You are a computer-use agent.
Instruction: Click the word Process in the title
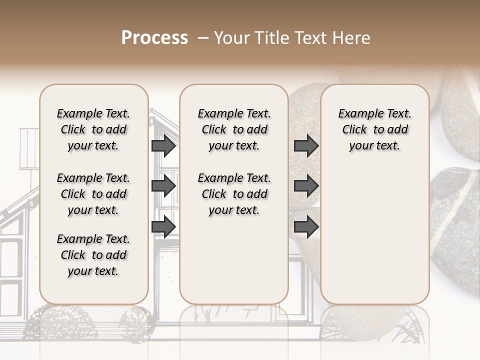pyautogui.click(x=154, y=38)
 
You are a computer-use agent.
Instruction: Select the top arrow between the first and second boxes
pyautogui.click(x=163, y=146)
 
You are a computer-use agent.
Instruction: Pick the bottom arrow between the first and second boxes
pyautogui.click(x=163, y=226)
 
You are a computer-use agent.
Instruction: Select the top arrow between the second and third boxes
pyautogui.click(x=306, y=146)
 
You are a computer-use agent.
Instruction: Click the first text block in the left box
pyautogui.click(x=93, y=129)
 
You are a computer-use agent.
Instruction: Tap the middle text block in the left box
pyautogui.click(x=93, y=194)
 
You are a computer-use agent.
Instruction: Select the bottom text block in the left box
pyautogui.click(x=93, y=255)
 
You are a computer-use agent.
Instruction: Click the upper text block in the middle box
pyautogui.click(x=234, y=129)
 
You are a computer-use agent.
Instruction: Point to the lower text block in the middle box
pyautogui.click(x=234, y=194)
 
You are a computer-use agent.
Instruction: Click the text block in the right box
pyautogui.click(x=374, y=129)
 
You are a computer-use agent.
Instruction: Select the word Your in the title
pyautogui.click(x=229, y=38)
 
